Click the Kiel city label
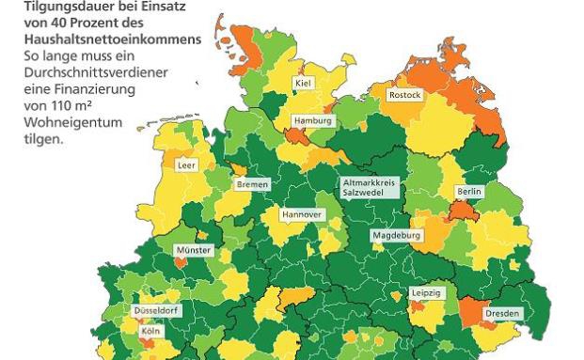click(x=303, y=84)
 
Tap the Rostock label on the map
click(x=404, y=95)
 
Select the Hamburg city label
click(x=313, y=121)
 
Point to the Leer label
click(x=186, y=165)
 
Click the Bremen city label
click(x=253, y=184)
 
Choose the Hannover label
click(x=302, y=214)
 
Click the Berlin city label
click(x=468, y=191)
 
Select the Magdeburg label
click(x=396, y=235)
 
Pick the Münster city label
click(x=194, y=251)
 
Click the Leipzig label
click(x=426, y=293)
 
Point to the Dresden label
click(x=501, y=313)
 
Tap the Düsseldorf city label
click(x=156, y=310)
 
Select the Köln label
click(x=150, y=332)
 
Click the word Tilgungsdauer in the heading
click(x=63, y=8)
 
